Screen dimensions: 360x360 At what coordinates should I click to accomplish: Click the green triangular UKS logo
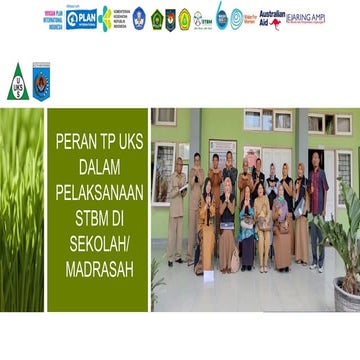click(16, 81)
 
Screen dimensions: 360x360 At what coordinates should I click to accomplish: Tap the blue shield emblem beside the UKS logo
click(41, 81)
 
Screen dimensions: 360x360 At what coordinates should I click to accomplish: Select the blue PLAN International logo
click(81, 18)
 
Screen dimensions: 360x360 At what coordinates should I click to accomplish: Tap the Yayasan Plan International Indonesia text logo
click(54, 18)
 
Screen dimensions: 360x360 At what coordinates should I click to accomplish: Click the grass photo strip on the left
click(21, 209)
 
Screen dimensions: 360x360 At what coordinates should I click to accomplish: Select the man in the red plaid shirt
click(317, 195)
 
